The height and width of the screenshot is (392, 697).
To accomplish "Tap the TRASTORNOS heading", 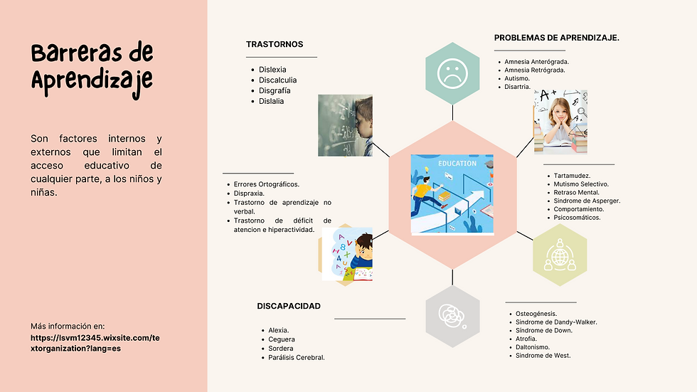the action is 275,44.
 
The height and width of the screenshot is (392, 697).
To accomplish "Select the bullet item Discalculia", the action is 278,80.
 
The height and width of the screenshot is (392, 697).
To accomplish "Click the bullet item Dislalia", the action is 271,101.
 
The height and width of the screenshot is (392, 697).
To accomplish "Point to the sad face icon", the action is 452,74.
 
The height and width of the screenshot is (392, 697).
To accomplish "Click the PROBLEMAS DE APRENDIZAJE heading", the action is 556,38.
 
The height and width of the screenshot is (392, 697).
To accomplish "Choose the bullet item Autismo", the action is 517,78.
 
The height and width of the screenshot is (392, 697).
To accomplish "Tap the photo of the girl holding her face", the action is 560,122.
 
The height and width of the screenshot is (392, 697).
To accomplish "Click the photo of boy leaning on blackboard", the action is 346,125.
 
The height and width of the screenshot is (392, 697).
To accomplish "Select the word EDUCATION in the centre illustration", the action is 457,164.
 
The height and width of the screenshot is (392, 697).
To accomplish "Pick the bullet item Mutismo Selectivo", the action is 581,184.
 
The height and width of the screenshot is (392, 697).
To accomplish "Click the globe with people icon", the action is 560,255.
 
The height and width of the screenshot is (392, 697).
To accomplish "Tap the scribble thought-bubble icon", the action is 452,316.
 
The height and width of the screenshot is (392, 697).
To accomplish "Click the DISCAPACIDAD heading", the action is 289,306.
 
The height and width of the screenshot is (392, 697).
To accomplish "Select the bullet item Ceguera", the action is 282,339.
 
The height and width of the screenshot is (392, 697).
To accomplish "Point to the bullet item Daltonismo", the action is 533,347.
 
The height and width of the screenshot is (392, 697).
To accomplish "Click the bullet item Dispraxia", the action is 249,194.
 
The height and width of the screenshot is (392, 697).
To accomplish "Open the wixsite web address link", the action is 95,343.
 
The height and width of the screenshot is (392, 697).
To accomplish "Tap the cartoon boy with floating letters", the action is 347,254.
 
